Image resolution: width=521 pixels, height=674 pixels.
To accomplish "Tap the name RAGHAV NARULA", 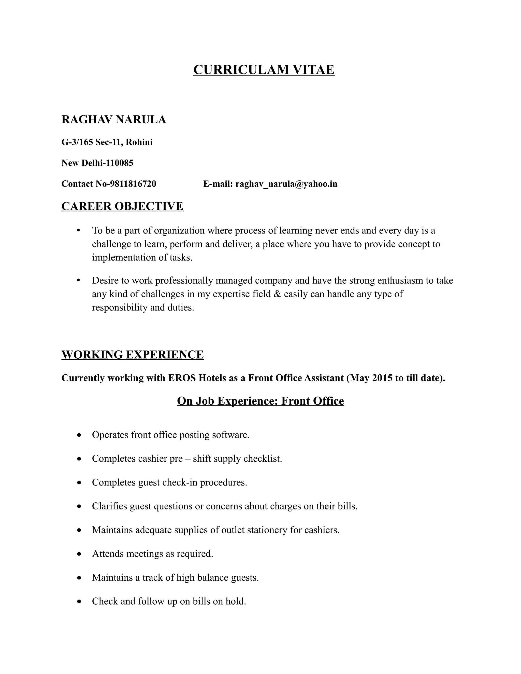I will pyautogui.click(x=113, y=120).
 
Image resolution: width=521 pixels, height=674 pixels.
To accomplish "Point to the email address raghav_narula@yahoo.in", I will pyautogui.click(x=286, y=184).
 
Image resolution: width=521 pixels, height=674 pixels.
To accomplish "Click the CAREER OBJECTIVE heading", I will pyautogui.click(x=122, y=206).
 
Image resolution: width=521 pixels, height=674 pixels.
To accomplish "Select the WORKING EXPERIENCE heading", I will pyautogui.click(x=132, y=355).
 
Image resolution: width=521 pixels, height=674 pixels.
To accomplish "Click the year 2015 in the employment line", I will pyautogui.click(x=382, y=378).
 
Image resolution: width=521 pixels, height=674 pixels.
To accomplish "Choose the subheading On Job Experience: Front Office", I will pyautogui.click(x=260, y=401).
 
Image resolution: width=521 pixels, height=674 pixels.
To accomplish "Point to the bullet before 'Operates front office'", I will pyautogui.click(x=80, y=435).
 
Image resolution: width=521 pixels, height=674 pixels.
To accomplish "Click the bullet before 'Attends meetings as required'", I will pyautogui.click(x=80, y=554).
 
